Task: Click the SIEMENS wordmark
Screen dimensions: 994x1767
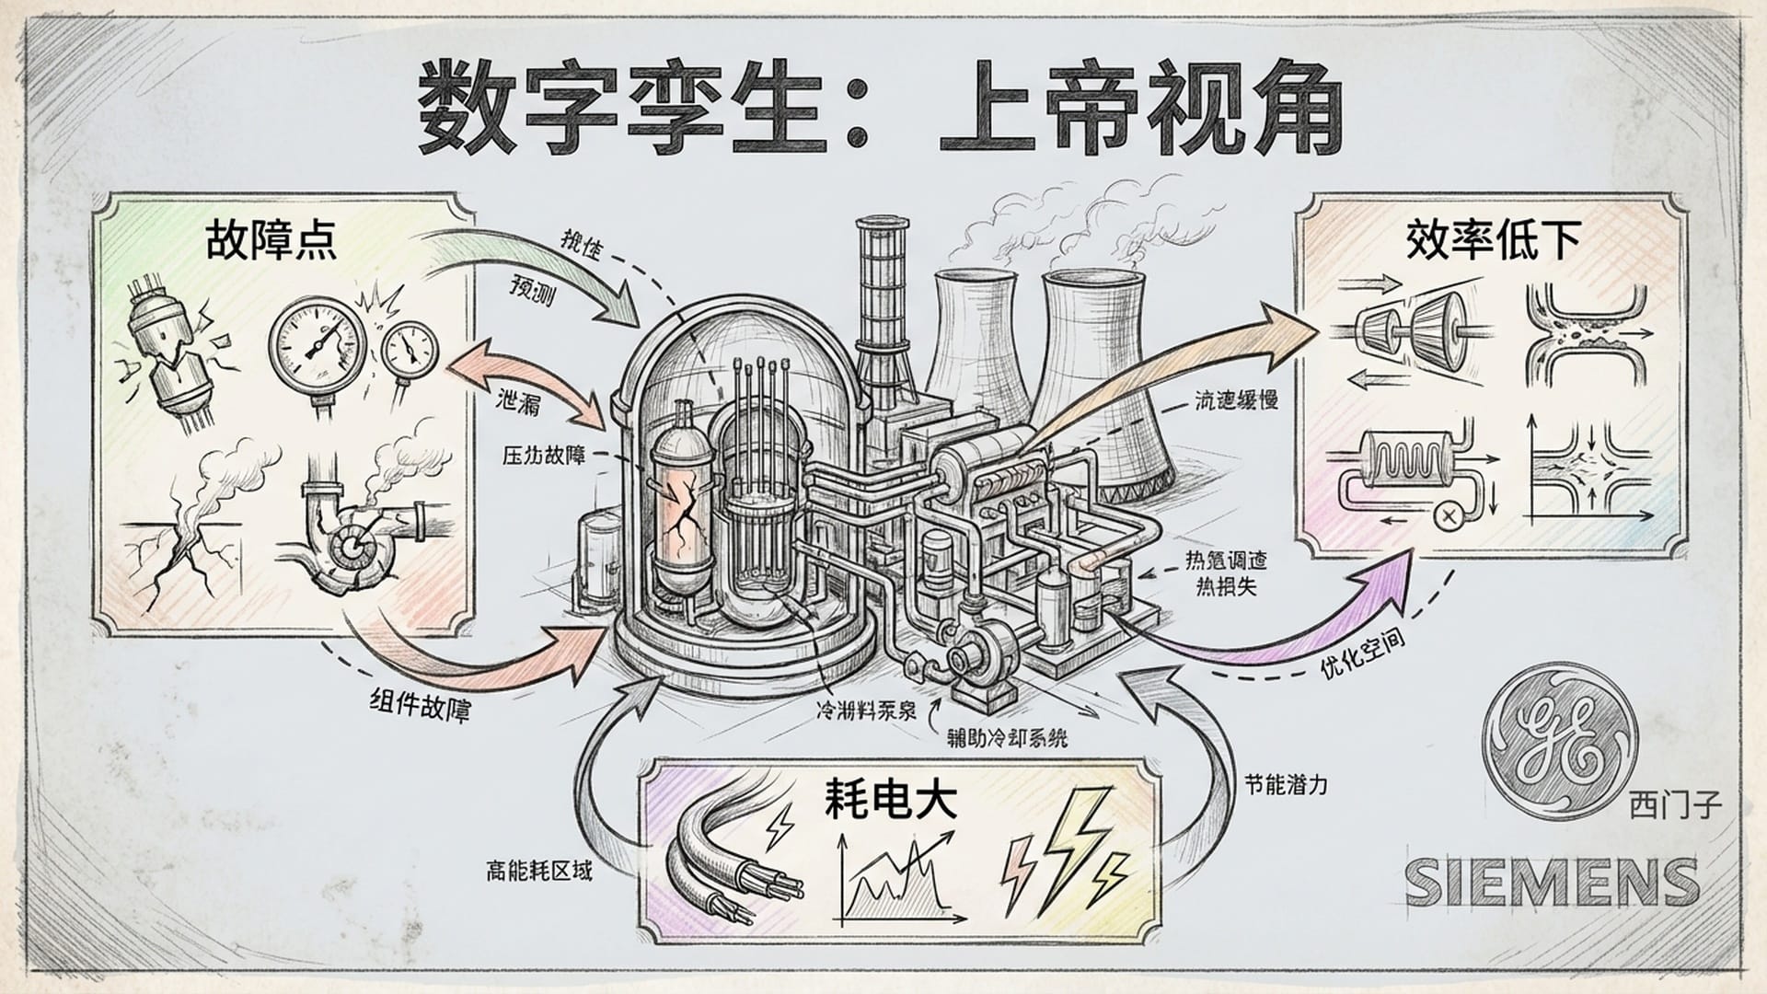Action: (x=1552, y=881)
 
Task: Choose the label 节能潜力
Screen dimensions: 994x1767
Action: (x=1286, y=785)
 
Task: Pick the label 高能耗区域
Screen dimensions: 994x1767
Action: (x=539, y=870)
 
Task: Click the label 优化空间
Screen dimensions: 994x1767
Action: (x=1362, y=655)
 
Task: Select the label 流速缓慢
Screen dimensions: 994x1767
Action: (x=1236, y=400)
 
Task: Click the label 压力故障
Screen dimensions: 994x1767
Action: (x=544, y=455)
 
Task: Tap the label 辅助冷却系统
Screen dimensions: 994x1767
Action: (x=1007, y=737)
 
